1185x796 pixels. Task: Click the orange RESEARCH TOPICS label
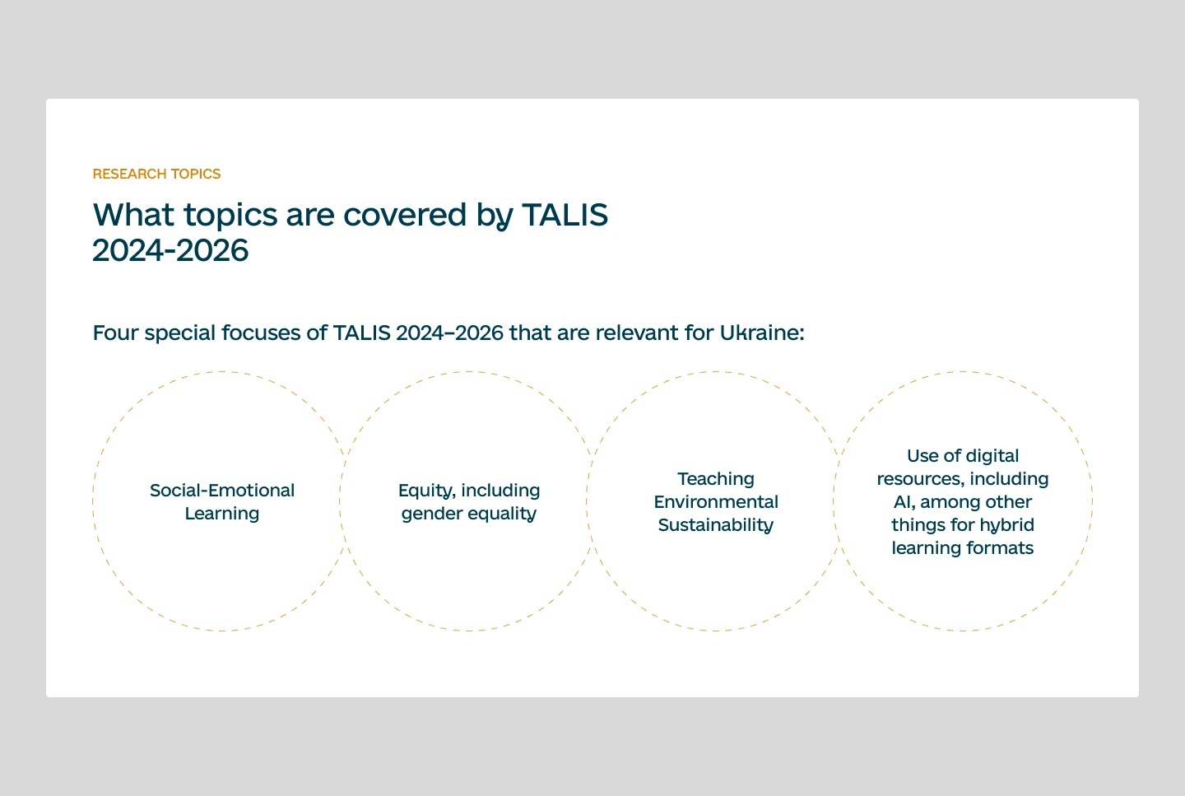(156, 174)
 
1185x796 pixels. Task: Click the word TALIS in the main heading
(565, 215)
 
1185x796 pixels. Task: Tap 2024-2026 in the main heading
(170, 250)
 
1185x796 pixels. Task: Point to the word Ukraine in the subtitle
(761, 333)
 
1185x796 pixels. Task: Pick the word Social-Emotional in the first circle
(222, 491)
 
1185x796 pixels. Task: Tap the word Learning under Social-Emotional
(222, 514)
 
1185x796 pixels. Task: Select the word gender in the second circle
(430, 514)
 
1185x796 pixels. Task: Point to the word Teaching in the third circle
(716, 479)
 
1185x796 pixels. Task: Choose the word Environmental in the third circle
(716, 502)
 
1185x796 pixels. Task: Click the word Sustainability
(716, 525)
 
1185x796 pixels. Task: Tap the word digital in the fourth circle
(991, 456)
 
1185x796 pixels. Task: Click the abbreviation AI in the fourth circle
(903, 502)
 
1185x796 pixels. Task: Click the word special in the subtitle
(180, 333)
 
